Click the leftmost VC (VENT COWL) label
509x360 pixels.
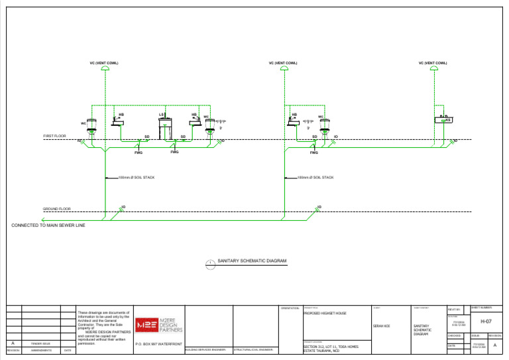click(x=104, y=63)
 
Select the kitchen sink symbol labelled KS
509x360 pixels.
click(x=444, y=120)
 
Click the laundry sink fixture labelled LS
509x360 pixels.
click(x=165, y=124)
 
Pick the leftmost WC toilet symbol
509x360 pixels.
click(x=92, y=124)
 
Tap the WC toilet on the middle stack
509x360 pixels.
click(x=321, y=124)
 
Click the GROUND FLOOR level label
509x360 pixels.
click(x=57, y=209)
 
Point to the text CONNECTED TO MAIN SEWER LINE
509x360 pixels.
click(x=48, y=225)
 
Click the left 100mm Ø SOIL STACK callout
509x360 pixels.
click(x=136, y=178)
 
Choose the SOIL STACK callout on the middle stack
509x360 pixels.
click(x=314, y=178)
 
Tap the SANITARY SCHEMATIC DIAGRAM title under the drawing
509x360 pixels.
click(x=252, y=261)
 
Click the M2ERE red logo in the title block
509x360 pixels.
click(x=145, y=325)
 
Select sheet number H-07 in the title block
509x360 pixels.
click(x=486, y=321)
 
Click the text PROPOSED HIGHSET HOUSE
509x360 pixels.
click(x=325, y=312)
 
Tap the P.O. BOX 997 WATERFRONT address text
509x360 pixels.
click(x=158, y=345)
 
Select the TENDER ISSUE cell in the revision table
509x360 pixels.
click(x=41, y=343)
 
